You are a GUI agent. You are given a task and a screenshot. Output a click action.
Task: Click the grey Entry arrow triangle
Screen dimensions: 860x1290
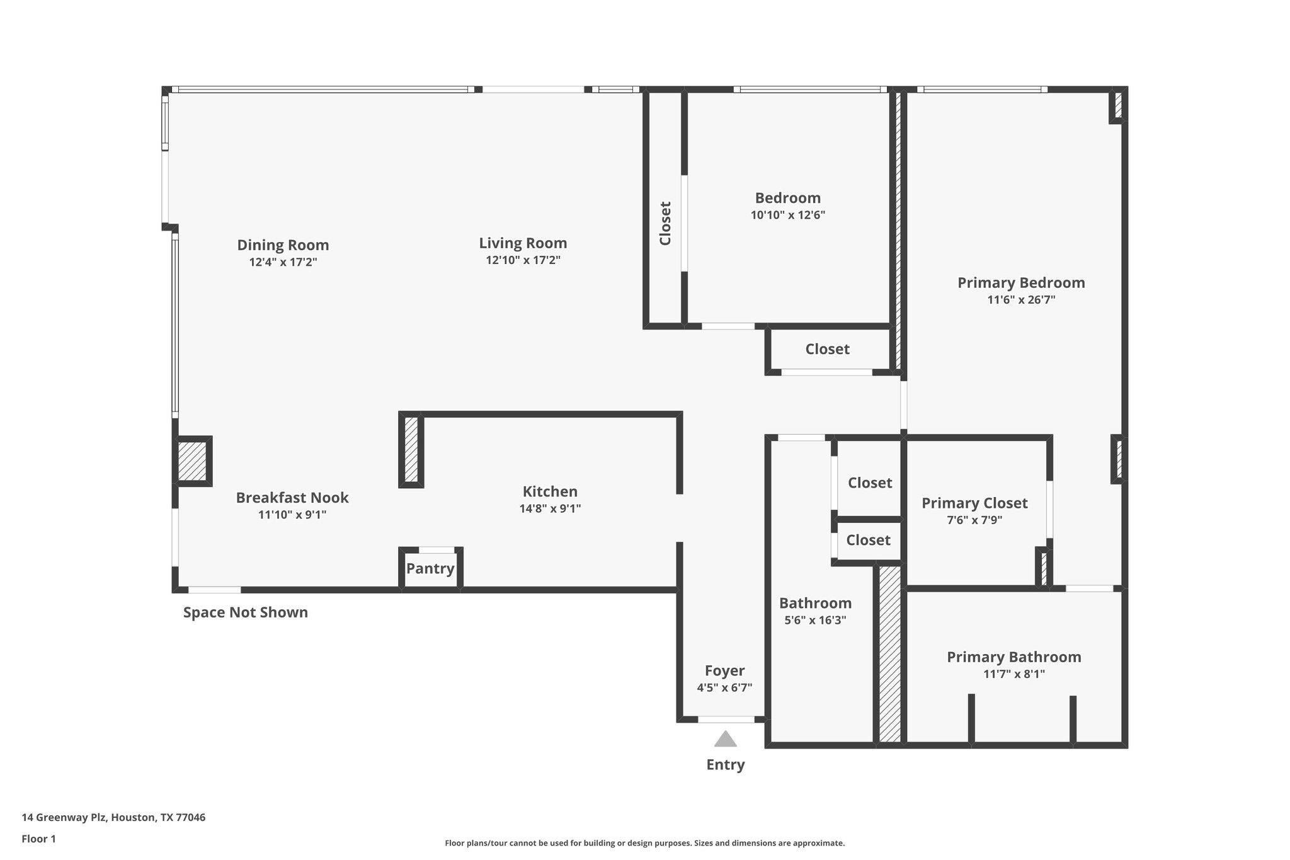pos(725,740)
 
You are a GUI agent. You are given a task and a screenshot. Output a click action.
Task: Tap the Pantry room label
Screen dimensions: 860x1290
pos(430,568)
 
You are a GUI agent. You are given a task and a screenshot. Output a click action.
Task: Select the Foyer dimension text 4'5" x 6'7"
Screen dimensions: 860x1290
pos(724,687)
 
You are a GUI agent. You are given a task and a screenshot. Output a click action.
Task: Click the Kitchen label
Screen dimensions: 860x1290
pos(550,491)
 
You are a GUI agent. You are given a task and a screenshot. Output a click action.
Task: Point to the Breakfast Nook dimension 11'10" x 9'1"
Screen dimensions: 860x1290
pos(292,515)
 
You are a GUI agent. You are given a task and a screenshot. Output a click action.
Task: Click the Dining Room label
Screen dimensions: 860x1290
pos(283,245)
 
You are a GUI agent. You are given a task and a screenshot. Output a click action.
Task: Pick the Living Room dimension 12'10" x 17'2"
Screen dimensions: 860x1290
pos(523,260)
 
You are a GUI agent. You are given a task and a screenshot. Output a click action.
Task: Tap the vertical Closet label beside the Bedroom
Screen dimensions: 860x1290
pos(665,223)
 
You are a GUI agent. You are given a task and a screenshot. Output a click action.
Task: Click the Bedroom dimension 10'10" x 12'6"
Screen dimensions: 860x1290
pos(787,215)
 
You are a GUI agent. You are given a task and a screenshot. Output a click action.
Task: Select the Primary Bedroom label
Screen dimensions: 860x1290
pos(1021,283)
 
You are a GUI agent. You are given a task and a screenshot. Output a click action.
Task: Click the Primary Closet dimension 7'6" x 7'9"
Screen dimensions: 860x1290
pos(974,520)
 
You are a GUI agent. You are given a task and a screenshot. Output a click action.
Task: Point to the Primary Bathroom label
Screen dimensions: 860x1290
pos(1013,657)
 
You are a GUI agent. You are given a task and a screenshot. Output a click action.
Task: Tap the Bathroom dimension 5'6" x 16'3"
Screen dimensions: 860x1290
pos(815,620)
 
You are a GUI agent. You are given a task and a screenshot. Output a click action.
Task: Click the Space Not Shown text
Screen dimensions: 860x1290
pos(245,612)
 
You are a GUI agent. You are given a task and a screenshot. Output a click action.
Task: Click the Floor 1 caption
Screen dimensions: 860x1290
pos(38,839)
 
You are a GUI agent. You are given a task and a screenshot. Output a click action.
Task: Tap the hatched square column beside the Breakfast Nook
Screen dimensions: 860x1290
pos(192,461)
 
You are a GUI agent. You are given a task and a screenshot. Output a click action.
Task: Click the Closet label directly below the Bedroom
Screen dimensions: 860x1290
pos(827,349)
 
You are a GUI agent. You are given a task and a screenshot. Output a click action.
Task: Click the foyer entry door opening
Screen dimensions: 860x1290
pos(726,720)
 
